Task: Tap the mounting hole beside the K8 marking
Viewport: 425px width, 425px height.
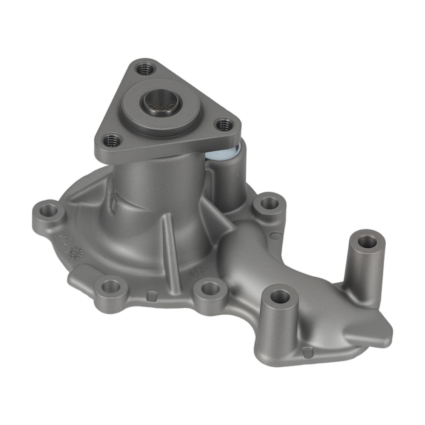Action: click(x=210, y=289)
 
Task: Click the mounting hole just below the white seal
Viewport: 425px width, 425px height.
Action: click(x=269, y=203)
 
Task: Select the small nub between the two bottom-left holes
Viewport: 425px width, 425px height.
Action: click(x=150, y=295)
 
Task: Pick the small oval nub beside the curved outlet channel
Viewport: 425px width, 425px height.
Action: click(x=275, y=235)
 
